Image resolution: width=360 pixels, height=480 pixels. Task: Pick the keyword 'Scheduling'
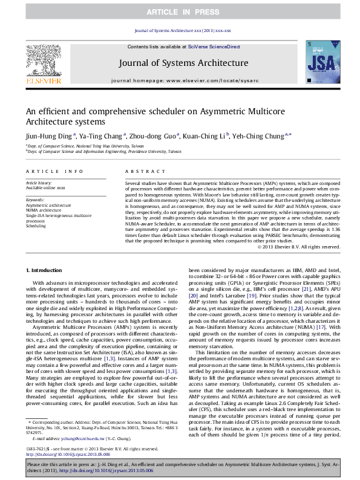pos(36,225)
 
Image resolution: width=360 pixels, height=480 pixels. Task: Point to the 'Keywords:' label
pos(35,199)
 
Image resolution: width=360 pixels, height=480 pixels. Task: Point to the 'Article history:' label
pos(39,182)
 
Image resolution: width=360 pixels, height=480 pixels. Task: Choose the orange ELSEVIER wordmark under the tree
pos(43,80)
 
